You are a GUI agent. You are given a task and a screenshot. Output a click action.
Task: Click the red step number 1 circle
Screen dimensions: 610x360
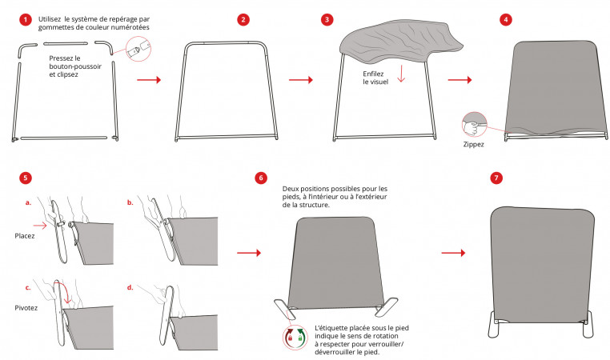[26, 19]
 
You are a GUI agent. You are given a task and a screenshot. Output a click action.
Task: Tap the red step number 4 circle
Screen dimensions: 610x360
[506, 19]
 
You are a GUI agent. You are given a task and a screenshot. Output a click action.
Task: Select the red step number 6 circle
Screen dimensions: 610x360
[261, 178]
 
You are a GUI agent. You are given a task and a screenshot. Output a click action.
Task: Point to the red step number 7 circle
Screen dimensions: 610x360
[496, 178]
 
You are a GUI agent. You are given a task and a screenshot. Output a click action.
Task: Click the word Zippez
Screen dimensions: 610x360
[473, 144]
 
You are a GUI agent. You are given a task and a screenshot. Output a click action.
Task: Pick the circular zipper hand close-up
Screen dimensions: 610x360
[474, 125]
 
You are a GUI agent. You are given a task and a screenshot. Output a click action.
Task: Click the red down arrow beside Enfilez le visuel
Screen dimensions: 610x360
[401, 74]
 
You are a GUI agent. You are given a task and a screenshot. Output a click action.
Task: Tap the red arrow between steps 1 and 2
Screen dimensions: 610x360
[149, 80]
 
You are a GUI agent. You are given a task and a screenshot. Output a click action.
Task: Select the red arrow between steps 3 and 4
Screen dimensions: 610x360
[460, 80]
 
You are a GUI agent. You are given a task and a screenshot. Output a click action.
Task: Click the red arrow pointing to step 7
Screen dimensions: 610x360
[453, 253]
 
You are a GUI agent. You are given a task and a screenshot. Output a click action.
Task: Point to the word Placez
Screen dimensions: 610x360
[25, 235]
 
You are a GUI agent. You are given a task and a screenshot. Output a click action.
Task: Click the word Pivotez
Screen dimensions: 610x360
[26, 307]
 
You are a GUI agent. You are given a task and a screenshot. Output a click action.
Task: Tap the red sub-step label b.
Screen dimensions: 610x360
[130, 202]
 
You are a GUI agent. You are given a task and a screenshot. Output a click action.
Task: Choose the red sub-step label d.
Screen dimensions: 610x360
[130, 287]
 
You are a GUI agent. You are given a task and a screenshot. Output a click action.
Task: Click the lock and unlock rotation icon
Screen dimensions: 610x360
[295, 337]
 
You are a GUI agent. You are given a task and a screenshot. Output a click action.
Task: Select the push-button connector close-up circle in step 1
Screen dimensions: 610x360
[138, 49]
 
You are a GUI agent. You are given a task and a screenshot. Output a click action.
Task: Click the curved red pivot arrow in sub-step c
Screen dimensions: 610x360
[67, 290]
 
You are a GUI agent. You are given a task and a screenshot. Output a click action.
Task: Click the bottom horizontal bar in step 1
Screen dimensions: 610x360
[64, 138]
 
